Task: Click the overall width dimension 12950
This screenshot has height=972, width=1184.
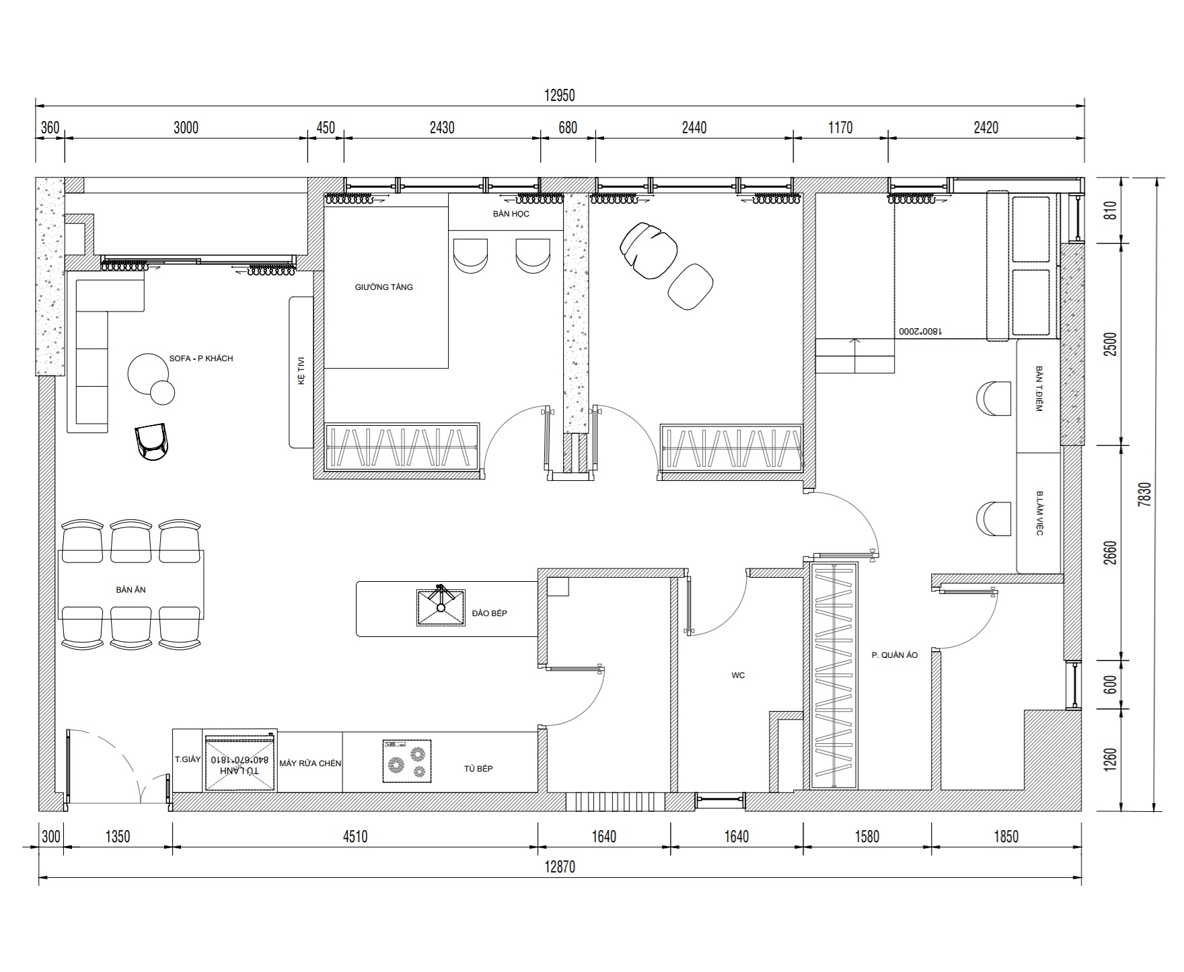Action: click(559, 96)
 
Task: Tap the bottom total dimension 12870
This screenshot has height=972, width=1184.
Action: click(559, 867)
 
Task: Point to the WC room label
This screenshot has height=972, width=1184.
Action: click(738, 675)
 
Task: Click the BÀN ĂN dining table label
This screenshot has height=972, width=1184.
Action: click(131, 590)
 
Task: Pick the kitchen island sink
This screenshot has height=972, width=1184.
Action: click(441, 607)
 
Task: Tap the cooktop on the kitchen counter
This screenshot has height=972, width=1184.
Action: click(407, 761)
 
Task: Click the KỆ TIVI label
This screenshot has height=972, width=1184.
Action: click(301, 371)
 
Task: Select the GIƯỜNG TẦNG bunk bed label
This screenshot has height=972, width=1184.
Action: click(384, 287)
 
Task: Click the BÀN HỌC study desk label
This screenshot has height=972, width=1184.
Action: click(511, 214)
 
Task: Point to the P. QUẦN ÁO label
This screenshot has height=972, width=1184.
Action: click(895, 655)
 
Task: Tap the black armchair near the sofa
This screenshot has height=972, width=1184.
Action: click(152, 442)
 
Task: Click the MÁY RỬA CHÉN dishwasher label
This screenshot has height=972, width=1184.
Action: click(310, 763)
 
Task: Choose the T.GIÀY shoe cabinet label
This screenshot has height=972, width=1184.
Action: click(188, 759)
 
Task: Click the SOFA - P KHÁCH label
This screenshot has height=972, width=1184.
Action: click(201, 359)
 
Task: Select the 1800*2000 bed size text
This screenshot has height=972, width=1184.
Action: click(920, 331)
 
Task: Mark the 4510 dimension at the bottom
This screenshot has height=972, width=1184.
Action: click(355, 837)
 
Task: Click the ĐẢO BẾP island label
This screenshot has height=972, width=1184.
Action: click(490, 613)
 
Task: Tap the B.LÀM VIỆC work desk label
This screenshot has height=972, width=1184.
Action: click(1039, 513)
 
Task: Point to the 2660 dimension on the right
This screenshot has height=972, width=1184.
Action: click(1111, 552)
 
